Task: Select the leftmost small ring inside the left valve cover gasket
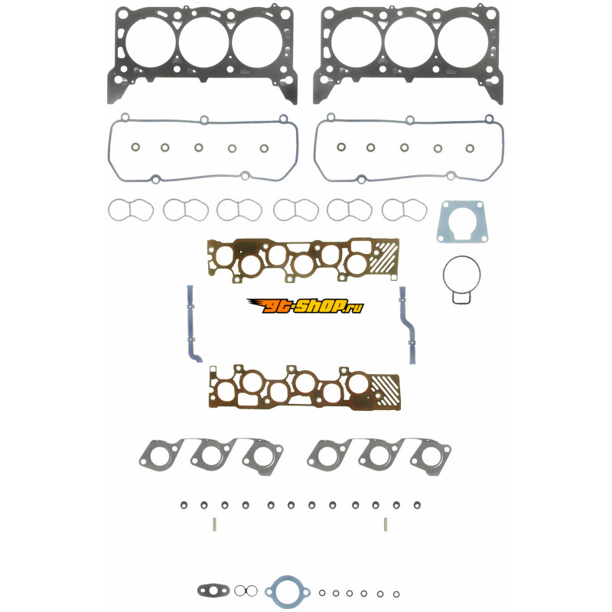[135, 147]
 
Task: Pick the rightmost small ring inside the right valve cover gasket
[472, 148]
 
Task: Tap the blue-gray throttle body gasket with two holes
[462, 222]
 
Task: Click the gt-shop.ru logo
[304, 306]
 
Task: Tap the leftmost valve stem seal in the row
[183, 505]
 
